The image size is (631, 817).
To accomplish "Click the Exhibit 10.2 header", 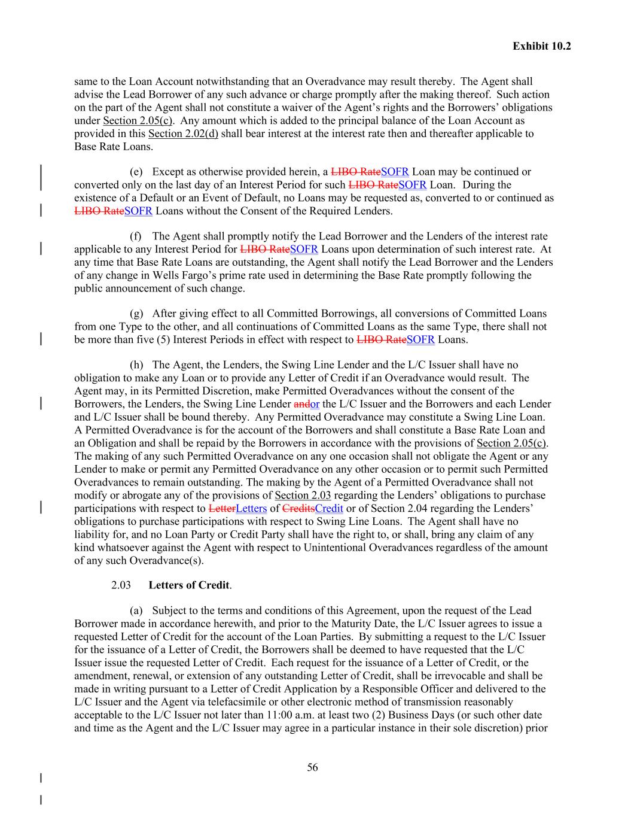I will pyautogui.click(x=541, y=45).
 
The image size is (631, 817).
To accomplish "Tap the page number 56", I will pyautogui.click(x=312, y=767).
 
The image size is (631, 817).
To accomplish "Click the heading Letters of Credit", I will pyautogui.click(x=189, y=585).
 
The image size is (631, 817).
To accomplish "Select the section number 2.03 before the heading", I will pyautogui.click(x=121, y=585).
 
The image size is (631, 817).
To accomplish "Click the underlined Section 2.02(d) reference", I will pyautogui.click(x=182, y=133).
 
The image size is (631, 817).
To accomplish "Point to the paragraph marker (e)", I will pyautogui.click(x=136, y=172).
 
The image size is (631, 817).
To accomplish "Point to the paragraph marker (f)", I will pyautogui.click(x=136, y=236).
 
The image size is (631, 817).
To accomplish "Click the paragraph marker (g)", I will pyautogui.click(x=136, y=314).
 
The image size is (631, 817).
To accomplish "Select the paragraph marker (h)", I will pyautogui.click(x=136, y=365).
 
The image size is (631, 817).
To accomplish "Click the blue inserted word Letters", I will pyautogui.click(x=251, y=509).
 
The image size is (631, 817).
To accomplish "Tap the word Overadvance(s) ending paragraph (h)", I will pyautogui.click(x=169, y=561).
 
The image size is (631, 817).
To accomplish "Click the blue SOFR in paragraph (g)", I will pyautogui.click(x=420, y=340).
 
